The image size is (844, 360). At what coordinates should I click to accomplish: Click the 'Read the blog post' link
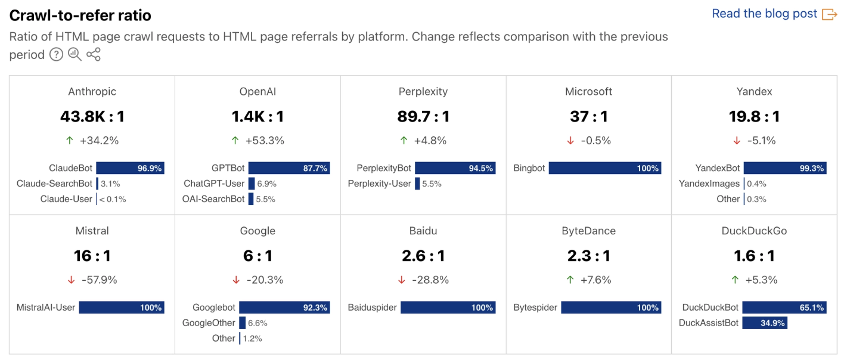tap(765, 14)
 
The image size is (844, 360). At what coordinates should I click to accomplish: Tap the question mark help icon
tap(56, 55)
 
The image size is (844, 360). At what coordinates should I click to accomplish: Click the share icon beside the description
tap(94, 55)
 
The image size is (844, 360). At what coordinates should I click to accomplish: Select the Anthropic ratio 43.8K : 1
tap(92, 116)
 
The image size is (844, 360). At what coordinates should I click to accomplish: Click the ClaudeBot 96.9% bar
tap(130, 168)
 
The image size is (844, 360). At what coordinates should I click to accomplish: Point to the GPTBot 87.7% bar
tap(289, 168)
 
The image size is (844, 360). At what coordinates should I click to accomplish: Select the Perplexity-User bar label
tap(379, 184)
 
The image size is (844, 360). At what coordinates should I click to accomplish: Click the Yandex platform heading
tap(754, 91)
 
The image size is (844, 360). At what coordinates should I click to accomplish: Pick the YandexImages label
tap(709, 184)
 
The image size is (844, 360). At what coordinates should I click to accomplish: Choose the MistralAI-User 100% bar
tap(122, 308)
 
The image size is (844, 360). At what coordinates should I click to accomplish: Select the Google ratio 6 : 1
tap(257, 256)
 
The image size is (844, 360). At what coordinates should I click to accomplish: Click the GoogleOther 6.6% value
tap(257, 323)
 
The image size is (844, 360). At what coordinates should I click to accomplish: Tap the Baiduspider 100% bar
tap(448, 308)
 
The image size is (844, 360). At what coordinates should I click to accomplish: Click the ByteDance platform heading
tap(588, 231)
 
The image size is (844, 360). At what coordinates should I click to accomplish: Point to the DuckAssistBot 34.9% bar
tap(764, 323)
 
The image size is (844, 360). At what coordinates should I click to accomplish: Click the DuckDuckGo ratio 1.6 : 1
tap(754, 256)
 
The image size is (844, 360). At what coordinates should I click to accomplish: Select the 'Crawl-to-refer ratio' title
tap(80, 15)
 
